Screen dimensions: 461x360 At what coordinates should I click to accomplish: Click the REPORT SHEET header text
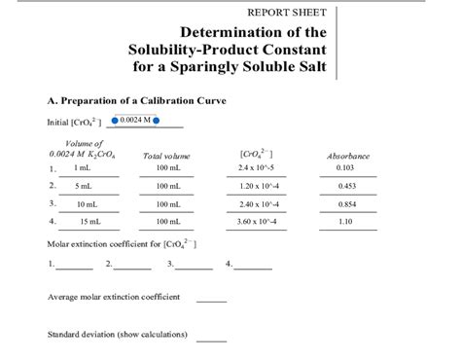click(x=288, y=13)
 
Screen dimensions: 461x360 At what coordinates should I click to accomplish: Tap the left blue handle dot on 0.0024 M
click(x=114, y=122)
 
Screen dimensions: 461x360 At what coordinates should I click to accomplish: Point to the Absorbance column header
click(x=347, y=156)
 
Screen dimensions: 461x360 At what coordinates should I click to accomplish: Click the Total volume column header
click(x=166, y=156)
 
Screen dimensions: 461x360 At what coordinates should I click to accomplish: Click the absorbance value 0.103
click(x=345, y=168)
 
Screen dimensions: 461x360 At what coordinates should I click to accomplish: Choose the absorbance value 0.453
click(x=345, y=186)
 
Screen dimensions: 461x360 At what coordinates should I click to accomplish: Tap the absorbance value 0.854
click(x=345, y=204)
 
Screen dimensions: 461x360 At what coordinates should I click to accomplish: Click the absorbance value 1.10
click(x=345, y=222)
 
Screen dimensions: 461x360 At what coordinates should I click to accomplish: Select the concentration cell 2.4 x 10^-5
click(x=258, y=168)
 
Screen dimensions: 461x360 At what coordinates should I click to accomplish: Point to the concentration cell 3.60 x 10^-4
click(x=259, y=222)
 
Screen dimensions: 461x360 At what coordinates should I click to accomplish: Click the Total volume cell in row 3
click(x=168, y=204)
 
